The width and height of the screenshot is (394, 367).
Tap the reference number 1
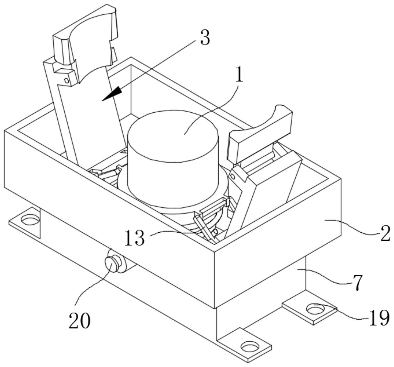pos(239,74)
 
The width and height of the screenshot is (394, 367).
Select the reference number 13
pos(134,238)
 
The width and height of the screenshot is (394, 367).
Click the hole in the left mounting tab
pos(30,220)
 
